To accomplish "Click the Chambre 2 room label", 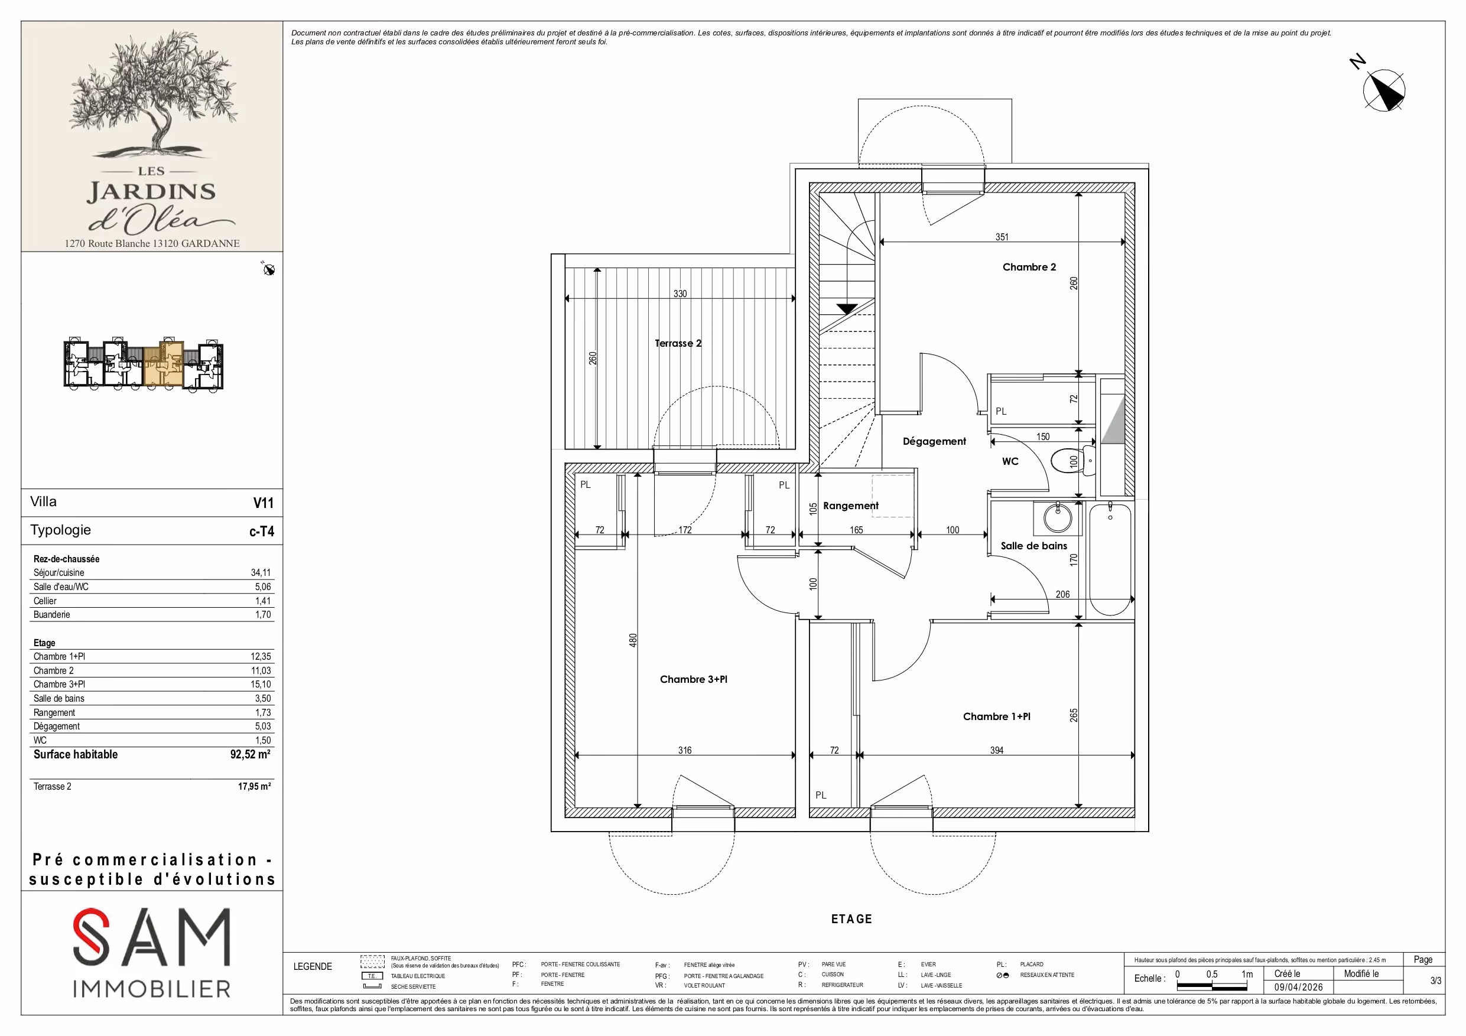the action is point(1029,267).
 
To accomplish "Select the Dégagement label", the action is point(934,441).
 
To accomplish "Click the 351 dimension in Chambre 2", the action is point(1002,237).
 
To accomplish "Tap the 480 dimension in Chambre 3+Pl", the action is point(633,640).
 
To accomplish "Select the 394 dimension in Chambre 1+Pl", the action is point(997,750).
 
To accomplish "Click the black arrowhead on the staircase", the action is point(847,310).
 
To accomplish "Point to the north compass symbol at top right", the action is point(1384,90).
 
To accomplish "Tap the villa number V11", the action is point(263,503).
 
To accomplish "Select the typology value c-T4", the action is point(262,531).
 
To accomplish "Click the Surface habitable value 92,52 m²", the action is point(251,754).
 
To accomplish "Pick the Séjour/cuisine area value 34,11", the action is point(261,572).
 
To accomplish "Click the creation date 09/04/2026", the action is point(1299,987).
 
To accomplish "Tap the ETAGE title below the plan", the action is point(851,918).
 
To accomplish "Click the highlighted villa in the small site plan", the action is point(164,364).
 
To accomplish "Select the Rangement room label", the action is point(850,506).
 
